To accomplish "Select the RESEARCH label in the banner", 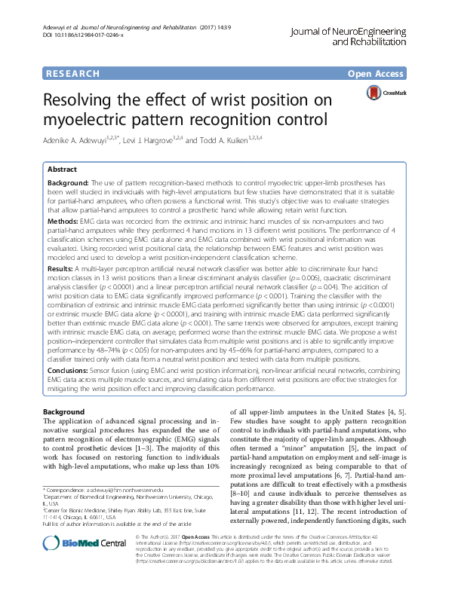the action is point(72,74).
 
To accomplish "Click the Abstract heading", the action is point(63,170).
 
